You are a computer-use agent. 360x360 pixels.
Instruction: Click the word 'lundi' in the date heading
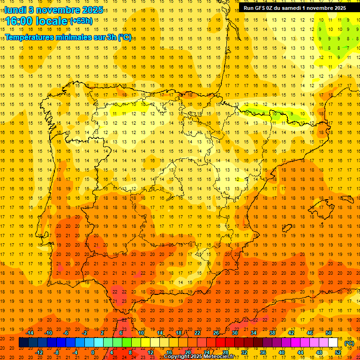(x=15, y=9)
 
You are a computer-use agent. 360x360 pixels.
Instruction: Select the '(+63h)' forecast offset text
(x=81, y=21)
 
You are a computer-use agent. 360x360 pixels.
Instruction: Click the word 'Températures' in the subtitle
(x=31, y=37)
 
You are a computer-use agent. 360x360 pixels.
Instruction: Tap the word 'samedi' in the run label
(x=294, y=8)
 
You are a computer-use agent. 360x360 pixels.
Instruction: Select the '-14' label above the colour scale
(x=30, y=333)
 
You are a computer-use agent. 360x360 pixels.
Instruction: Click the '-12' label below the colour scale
(x=39, y=352)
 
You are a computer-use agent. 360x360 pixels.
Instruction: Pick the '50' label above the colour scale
(x=328, y=333)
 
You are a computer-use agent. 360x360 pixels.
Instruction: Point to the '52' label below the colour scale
(x=337, y=352)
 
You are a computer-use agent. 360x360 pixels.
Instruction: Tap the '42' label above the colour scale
(x=291, y=333)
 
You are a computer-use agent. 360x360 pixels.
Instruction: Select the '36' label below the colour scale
(x=262, y=352)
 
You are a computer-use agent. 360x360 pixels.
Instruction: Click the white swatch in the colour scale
(x=333, y=343)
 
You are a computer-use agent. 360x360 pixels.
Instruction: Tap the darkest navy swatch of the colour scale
(x=23, y=343)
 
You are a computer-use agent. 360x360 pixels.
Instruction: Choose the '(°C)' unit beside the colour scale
(x=349, y=343)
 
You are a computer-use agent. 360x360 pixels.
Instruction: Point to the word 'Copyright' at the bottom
(x=177, y=357)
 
